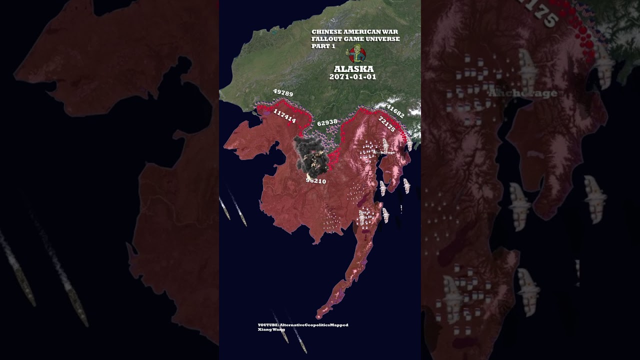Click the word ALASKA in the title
point(353,69)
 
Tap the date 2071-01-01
point(352,77)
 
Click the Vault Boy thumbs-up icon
point(357,53)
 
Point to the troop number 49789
point(283,93)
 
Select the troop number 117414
point(284,117)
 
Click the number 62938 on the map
point(327,122)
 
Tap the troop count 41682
point(395,111)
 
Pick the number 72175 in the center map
point(387,124)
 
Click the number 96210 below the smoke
point(316,180)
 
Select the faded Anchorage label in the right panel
point(522,93)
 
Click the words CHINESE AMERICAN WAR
point(354,32)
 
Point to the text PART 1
point(323,46)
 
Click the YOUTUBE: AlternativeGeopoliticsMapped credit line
point(303,325)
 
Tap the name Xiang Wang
point(271,329)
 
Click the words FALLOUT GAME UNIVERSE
point(355,39)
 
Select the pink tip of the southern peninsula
point(319,316)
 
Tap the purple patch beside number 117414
point(267,114)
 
